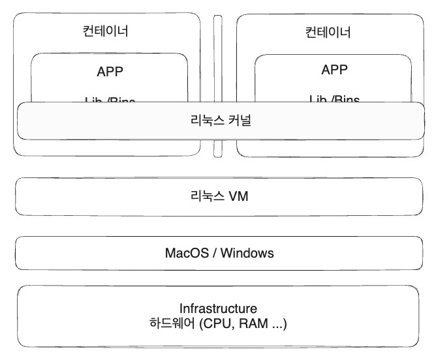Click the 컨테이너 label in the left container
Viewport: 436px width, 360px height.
click(106, 31)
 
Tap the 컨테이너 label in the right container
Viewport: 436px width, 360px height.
click(328, 32)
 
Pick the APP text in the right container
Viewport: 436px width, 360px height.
click(334, 70)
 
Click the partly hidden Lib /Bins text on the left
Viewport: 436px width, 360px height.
click(110, 100)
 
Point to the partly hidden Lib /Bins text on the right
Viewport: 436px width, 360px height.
click(334, 99)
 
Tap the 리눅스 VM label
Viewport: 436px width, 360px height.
click(218, 195)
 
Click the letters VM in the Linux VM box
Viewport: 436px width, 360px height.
click(238, 195)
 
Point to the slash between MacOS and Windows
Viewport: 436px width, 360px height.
click(214, 252)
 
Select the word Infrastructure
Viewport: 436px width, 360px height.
click(218, 308)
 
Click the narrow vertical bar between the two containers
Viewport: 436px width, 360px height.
click(218, 85)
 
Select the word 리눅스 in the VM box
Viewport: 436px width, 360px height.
click(206, 195)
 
